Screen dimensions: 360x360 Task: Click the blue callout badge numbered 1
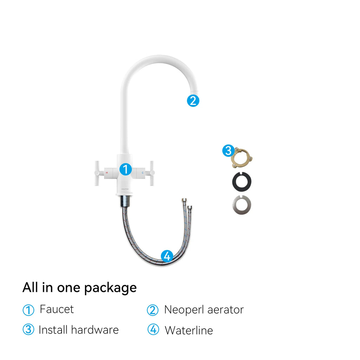click(126, 169)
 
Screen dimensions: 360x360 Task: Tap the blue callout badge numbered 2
click(193, 101)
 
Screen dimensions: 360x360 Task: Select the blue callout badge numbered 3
click(229, 151)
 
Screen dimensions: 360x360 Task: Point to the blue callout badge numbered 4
click(167, 256)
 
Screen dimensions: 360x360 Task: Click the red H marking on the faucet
click(107, 173)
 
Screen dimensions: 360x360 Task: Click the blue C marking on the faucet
click(143, 173)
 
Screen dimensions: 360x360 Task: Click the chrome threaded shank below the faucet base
click(126, 201)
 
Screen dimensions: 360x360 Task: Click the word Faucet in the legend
click(57, 309)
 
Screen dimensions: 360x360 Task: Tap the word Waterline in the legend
click(189, 330)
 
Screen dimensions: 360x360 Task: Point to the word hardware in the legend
click(95, 330)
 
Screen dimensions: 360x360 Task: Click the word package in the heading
click(110, 288)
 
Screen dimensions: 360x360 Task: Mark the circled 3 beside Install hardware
click(28, 329)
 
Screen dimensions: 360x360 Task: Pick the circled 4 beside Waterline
click(153, 329)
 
